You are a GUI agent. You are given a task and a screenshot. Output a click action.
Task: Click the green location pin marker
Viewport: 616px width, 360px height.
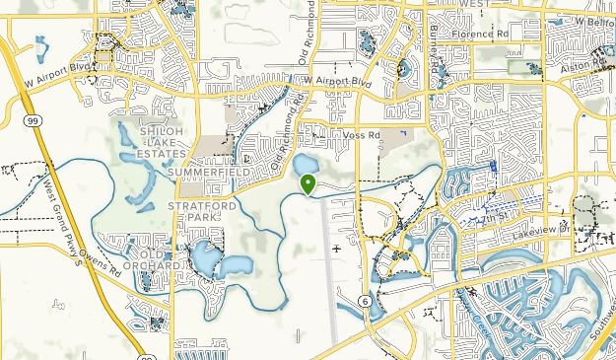click(308, 183)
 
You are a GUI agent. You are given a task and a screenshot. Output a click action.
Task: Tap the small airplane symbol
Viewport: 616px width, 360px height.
click(338, 249)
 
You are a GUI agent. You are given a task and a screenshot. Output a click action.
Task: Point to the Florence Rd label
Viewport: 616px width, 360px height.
click(480, 33)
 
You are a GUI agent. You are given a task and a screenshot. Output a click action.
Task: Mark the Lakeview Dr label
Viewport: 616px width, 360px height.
click(541, 233)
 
